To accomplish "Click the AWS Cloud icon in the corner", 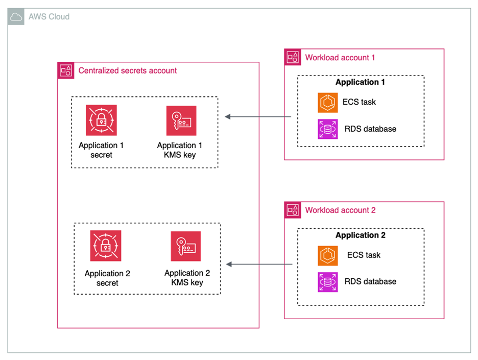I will [x=16, y=17].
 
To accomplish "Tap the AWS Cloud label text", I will [x=49, y=17].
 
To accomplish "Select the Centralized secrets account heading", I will [x=127, y=70].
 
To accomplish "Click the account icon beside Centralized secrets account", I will [x=66, y=70].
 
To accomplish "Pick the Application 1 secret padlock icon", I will [x=101, y=120].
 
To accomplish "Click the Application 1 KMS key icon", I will [x=181, y=121].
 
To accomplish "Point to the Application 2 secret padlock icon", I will [x=106, y=246].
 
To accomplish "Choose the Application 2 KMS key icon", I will [x=186, y=246].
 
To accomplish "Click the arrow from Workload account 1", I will [x=258, y=117].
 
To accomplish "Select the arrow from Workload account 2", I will [x=259, y=265].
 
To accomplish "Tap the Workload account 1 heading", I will [x=340, y=57].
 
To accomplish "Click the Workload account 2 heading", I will [x=340, y=210].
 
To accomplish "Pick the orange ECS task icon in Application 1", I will [x=327, y=102].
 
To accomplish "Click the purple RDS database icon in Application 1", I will [x=327, y=129].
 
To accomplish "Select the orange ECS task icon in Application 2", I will [x=327, y=255].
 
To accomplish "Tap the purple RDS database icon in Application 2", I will [x=327, y=282].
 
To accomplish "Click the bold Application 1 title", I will [x=360, y=82].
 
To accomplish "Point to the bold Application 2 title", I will [x=360, y=235].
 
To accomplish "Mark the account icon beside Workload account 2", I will [x=293, y=210].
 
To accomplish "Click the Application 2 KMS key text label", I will [x=187, y=278].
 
